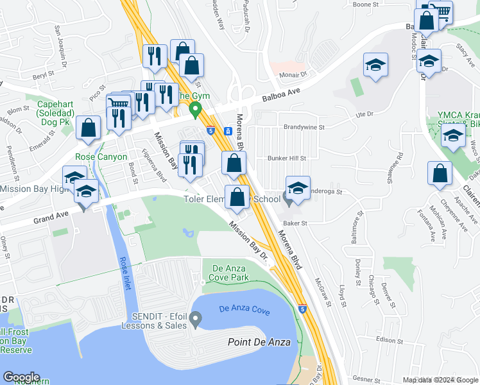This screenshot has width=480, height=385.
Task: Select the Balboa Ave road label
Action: (282, 95)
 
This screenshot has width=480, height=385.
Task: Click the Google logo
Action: (21, 377)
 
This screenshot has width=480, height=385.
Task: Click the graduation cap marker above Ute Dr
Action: (375, 65)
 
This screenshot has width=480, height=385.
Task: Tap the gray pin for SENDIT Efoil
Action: (196, 317)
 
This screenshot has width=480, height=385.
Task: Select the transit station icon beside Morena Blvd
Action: (228, 131)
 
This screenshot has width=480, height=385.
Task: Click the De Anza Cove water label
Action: (244, 309)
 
